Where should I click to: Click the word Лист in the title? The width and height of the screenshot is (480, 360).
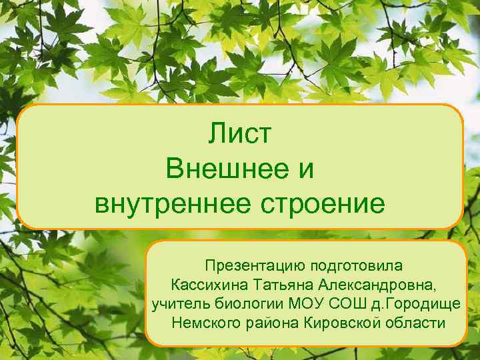[x=240, y=134]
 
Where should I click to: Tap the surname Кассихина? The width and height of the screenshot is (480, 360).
[x=210, y=285]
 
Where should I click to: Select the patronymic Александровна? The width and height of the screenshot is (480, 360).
[x=377, y=285]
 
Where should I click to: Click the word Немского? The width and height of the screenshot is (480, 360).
[x=203, y=324]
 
